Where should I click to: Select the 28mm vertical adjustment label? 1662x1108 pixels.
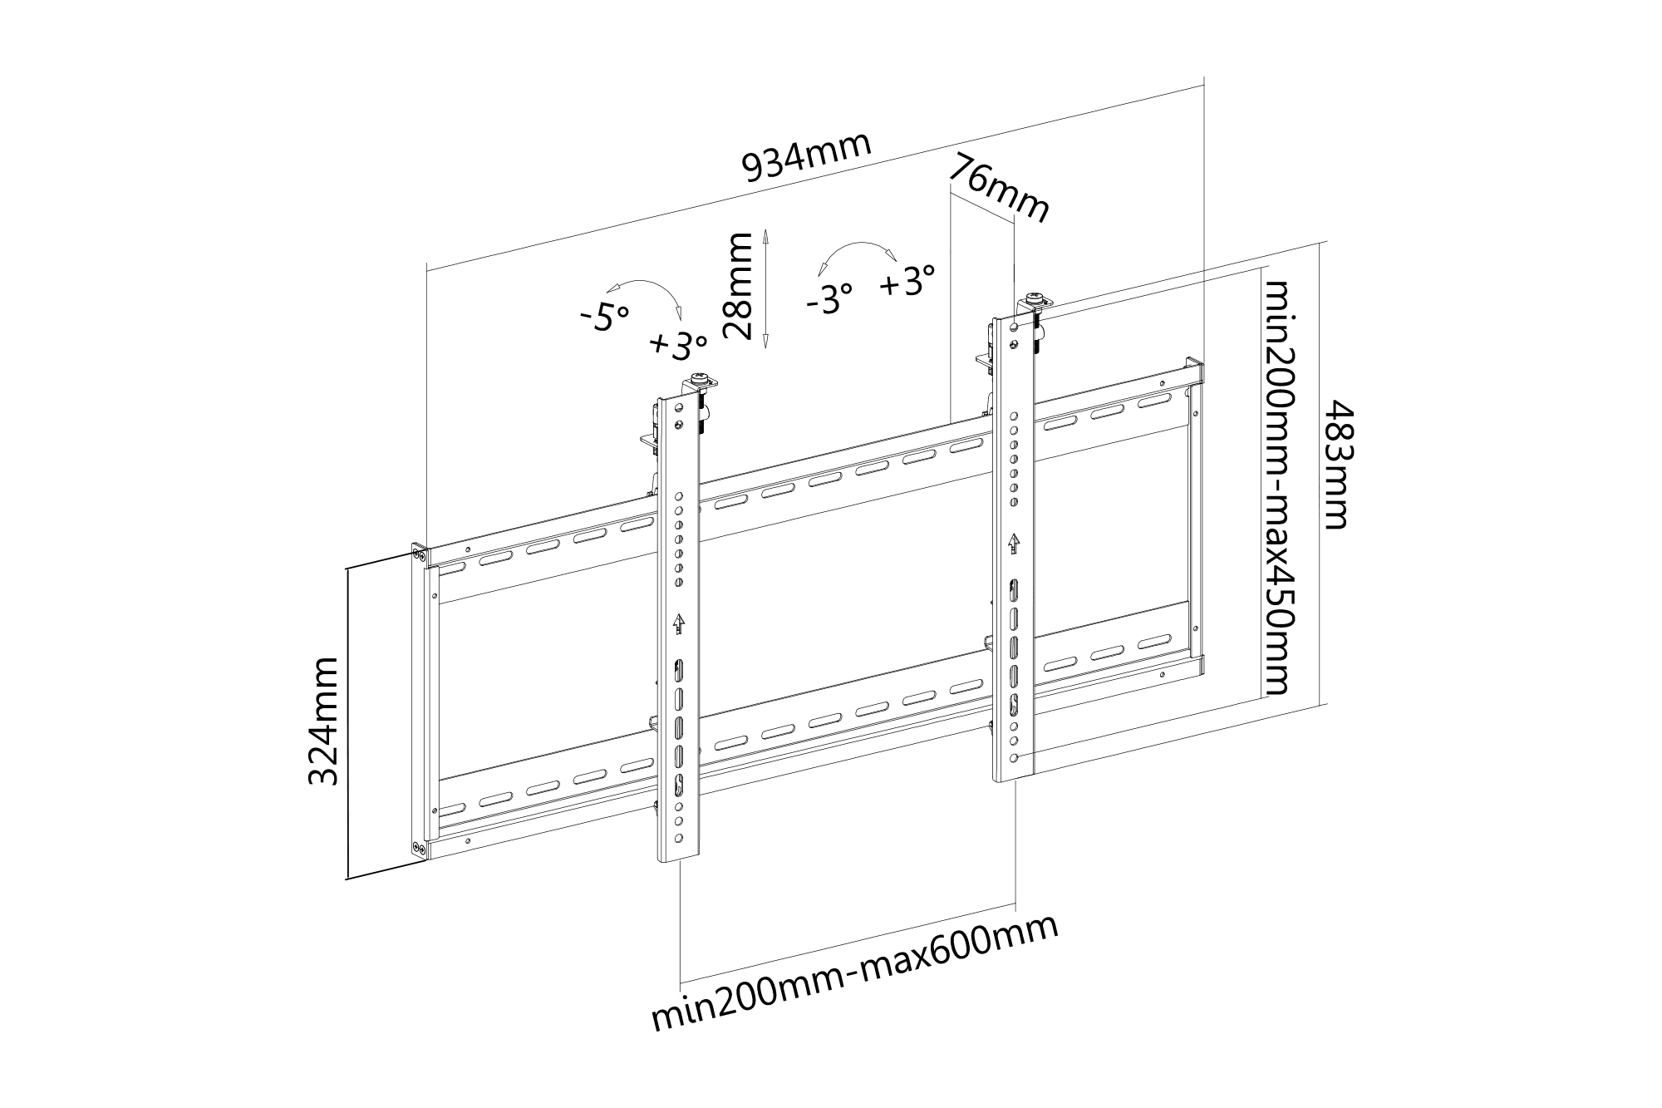tap(738, 287)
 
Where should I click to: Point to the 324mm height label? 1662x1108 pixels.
tap(323, 721)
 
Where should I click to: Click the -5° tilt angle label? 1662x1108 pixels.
tap(605, 316)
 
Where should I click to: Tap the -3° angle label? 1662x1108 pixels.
tap(829, 297)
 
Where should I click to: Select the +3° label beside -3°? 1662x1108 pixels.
tap(907, 281)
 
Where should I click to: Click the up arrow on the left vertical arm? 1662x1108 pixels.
tap(679, 623)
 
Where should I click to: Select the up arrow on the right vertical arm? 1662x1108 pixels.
tap(1014, 544)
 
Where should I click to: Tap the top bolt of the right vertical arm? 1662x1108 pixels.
tap(1035, 297)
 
